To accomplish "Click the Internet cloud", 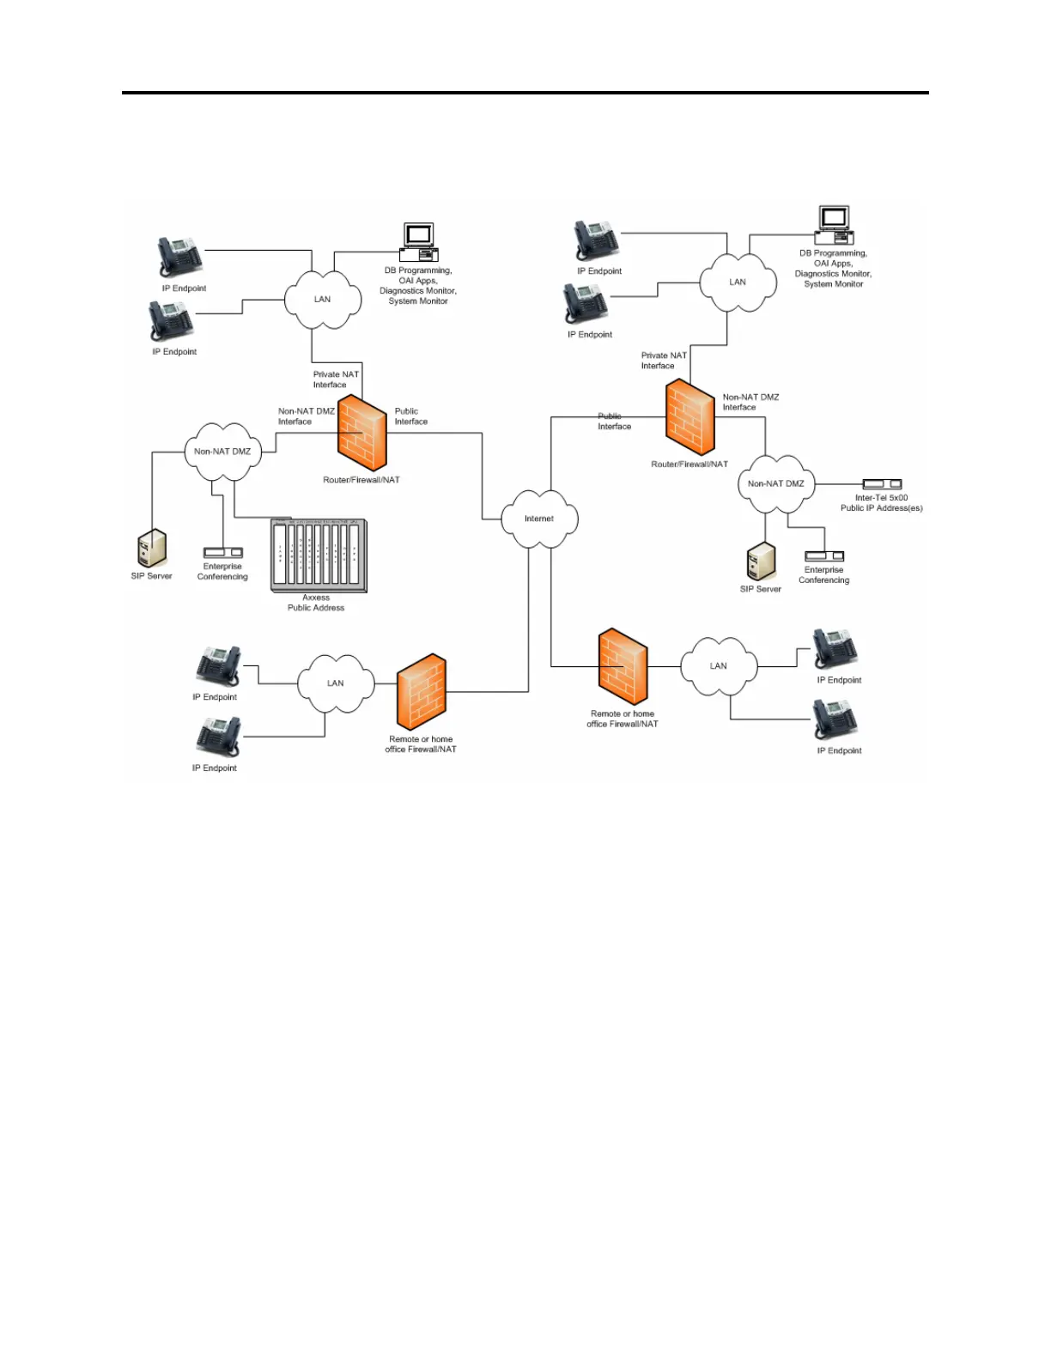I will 539,519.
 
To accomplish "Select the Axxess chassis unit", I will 319,556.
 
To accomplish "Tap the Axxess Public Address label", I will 316,603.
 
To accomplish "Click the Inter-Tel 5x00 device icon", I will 882,484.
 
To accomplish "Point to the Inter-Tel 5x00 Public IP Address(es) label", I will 881,503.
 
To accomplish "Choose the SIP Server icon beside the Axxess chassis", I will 152,548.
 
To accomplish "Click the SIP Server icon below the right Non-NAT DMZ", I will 761,562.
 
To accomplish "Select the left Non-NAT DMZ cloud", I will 222,452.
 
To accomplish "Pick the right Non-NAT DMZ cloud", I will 775,484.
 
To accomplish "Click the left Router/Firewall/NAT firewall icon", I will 362,434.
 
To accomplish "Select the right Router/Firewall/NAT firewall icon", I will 690,418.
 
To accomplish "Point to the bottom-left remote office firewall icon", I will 422,692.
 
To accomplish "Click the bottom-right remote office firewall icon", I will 623,667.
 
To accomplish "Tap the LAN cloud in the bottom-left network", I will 336,683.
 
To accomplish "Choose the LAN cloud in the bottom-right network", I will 719,666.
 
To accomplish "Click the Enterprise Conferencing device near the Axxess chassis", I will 222,553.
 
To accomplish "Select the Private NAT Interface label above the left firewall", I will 336,379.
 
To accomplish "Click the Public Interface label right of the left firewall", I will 410,416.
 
